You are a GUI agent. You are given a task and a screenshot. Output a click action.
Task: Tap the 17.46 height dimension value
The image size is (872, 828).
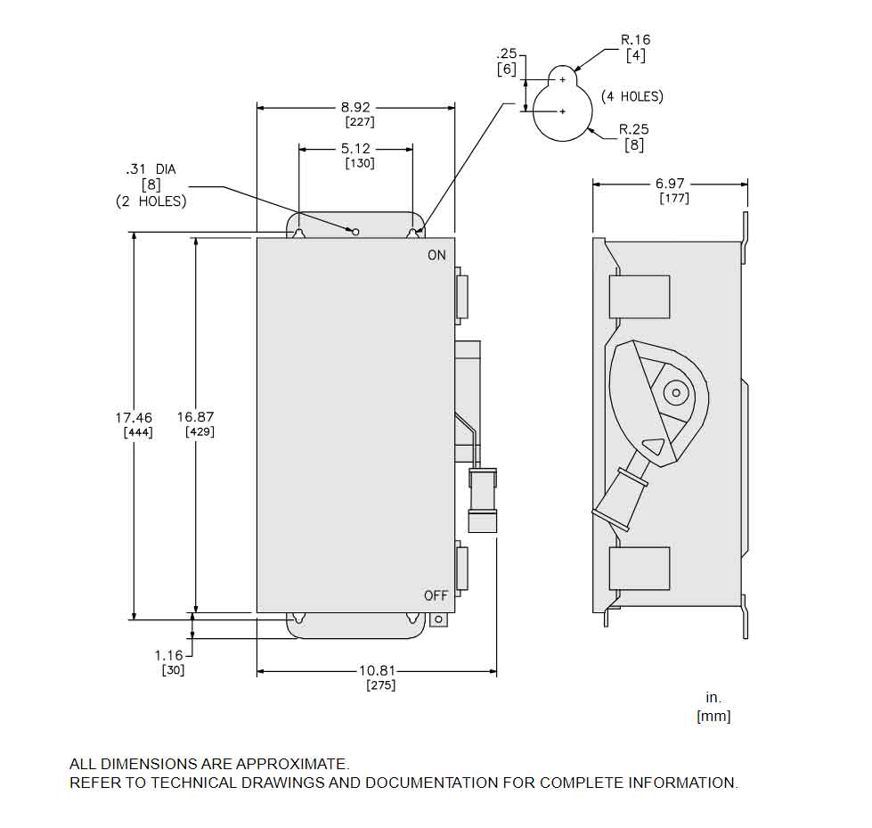pyautogui.click(x=134, y=417)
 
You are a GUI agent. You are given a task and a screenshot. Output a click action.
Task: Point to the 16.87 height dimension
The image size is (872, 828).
pyautogui.click(x=195, y=416)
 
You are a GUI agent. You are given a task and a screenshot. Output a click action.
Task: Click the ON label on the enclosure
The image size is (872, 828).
pyautogui.click(x=436, y=256)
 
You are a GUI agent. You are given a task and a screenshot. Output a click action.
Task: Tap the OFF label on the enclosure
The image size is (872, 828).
pyautogui.click(x=436, y=595)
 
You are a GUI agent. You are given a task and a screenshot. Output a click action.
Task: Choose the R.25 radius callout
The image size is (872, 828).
pyautogui.click(x=634, y=129)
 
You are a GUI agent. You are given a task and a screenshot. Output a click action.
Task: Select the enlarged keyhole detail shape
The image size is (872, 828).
pyautogui.click(x=562, y=106)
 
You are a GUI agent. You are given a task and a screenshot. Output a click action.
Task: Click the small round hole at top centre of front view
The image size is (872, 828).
pyautogui.click(x=355, y=233)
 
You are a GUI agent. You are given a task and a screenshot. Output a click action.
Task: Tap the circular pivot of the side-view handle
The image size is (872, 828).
pyautogui.click(x=676, y=392)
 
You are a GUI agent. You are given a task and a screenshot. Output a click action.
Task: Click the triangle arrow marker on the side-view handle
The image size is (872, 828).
pyautogui.click(x=654, y=447)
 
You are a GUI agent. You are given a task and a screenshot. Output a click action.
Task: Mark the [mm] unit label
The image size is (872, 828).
pyautogui.click(x=713, y=716)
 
